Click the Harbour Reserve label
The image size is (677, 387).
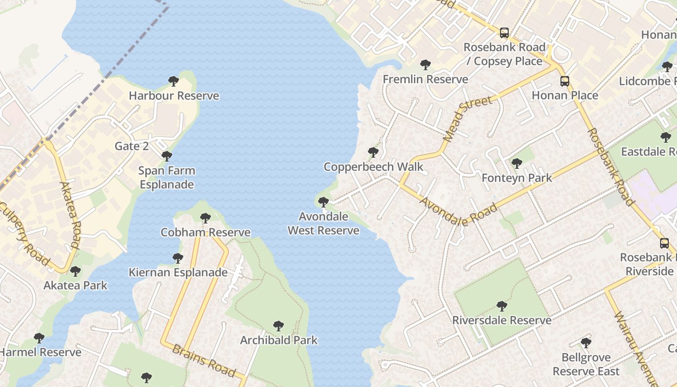pyautogui.click(x=174, y=96)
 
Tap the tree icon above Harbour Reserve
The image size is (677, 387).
pyautogui.click(x=174, y=81)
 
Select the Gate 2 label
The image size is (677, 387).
pyautogui.click(x=132, y=146)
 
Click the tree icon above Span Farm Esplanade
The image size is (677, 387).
pyautogui.click(x=167, y=156)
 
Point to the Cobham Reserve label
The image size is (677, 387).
pyautogui.click(x=206, y=232)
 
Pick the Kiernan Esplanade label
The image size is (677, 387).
pyautogui.click(x=178, y=272)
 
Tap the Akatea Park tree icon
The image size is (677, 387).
pyautogui.click(x=75, y=271)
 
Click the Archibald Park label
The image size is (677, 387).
pyautogui.click(x=279, y=340)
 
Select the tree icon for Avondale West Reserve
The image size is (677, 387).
pyautogui.click(x=324, y=202)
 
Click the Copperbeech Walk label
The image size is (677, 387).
pyautogui.click(x=373, y=167)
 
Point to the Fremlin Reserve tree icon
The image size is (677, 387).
pyautogui.click(x=426, y=65)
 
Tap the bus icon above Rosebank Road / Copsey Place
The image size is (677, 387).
pyautogui.click(x=504, y=33)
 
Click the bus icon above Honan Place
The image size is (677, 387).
pyautogui.click(x=565, y=81)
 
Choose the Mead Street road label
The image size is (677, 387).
pyautogui.click(x=467, y=119)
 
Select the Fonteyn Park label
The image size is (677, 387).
pyautogui.click(x=516, y=178)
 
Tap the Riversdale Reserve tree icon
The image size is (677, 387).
pyautogui.click(x=502, y=306)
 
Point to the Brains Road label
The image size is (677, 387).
pyautogui.click(x=204, y=361)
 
